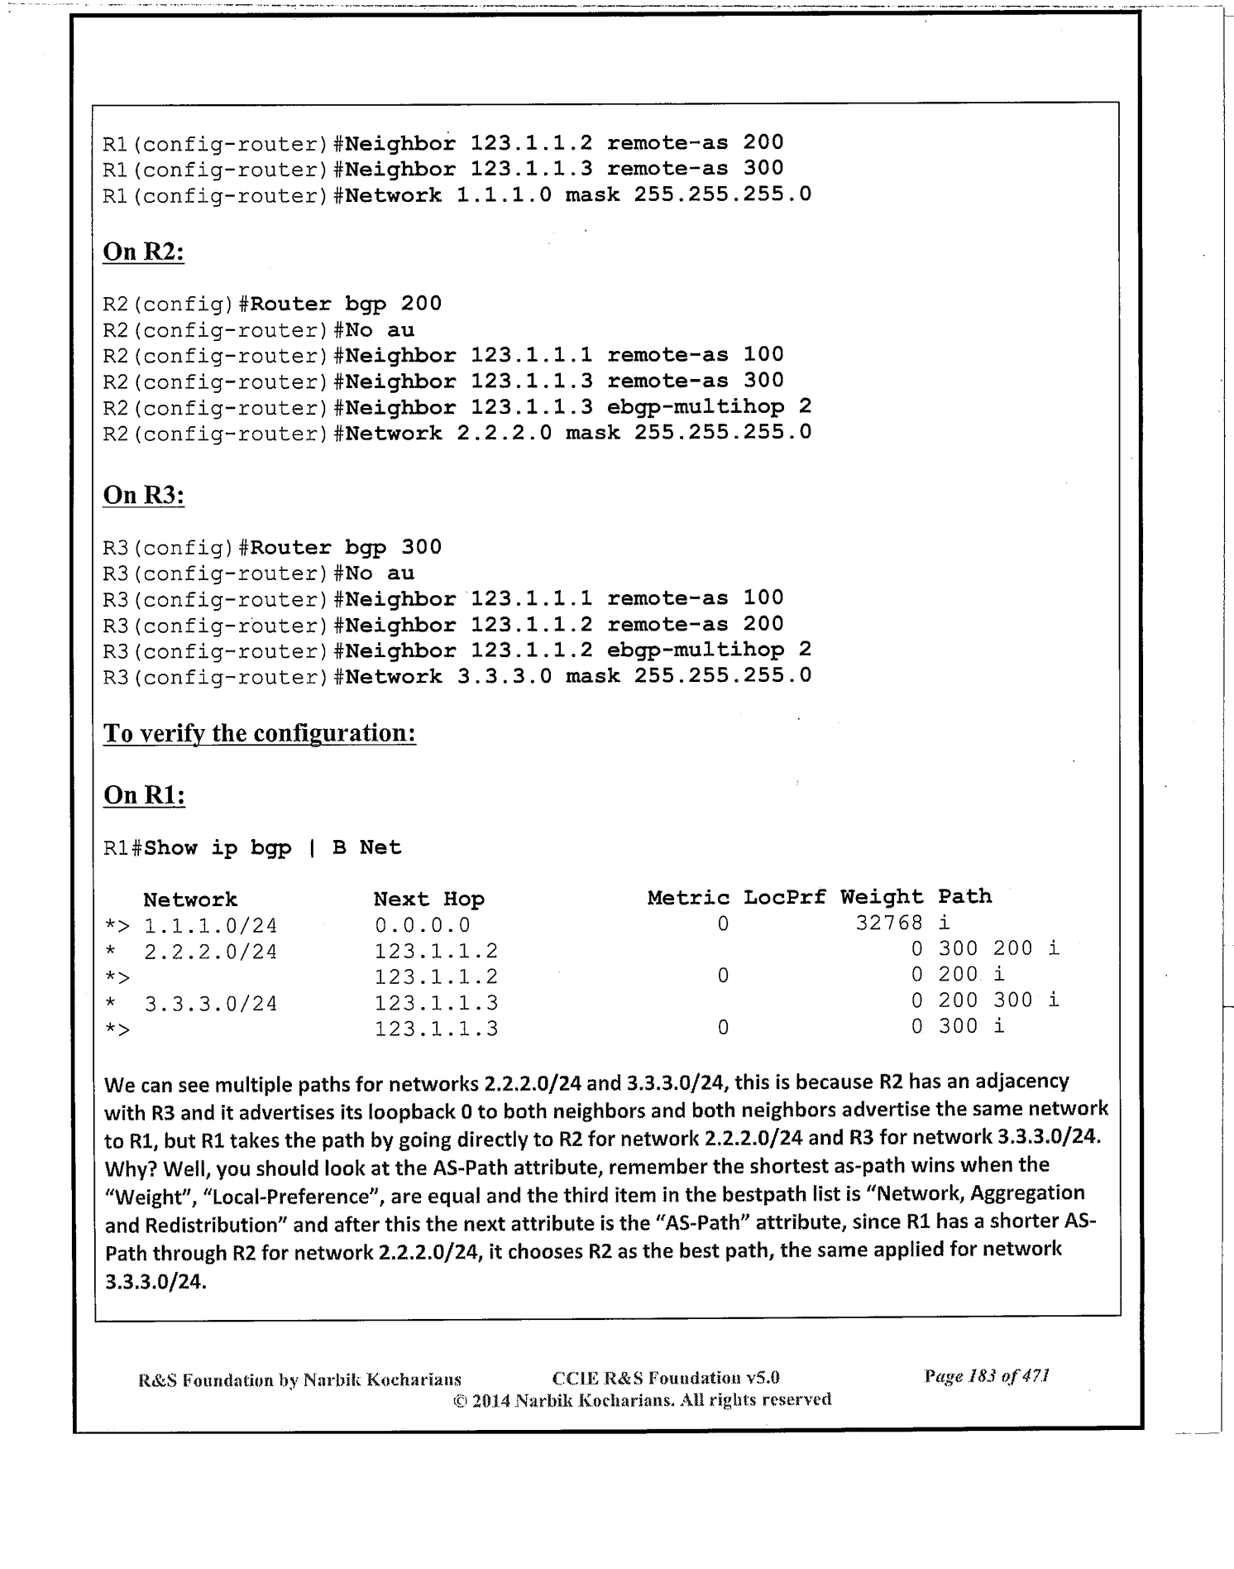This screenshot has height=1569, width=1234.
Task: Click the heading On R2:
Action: coord(143,252)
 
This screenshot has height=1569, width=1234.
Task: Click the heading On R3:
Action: coord(143,495)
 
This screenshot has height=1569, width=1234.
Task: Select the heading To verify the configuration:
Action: coord(259,733)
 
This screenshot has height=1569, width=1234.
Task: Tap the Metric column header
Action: coord(688,898)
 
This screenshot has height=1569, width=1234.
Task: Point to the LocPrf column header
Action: coord(784,898)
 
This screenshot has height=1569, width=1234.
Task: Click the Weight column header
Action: coord(882,898)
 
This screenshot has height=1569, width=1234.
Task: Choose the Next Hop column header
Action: coord(428,900)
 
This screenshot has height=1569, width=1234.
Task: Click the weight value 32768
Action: coord(888,924)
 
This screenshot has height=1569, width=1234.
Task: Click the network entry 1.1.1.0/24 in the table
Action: coord(210,926)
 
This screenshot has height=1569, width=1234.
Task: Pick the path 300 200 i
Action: coord(998,949)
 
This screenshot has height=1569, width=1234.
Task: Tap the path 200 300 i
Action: coord(998,1000)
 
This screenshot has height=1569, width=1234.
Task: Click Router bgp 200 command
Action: coord(346,304)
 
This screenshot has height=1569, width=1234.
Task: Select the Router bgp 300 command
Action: coord(346,548)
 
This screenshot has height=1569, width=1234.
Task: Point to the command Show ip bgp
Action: coord(218,848)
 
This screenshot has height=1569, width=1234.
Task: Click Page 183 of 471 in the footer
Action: coord(987,1377)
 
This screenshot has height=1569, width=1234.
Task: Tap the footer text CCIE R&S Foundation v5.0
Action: coord(665,1378)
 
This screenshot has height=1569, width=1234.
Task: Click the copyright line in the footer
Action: coord(642,1400)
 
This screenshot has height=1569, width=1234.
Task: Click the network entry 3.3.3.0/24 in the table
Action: coord(210,1005)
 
